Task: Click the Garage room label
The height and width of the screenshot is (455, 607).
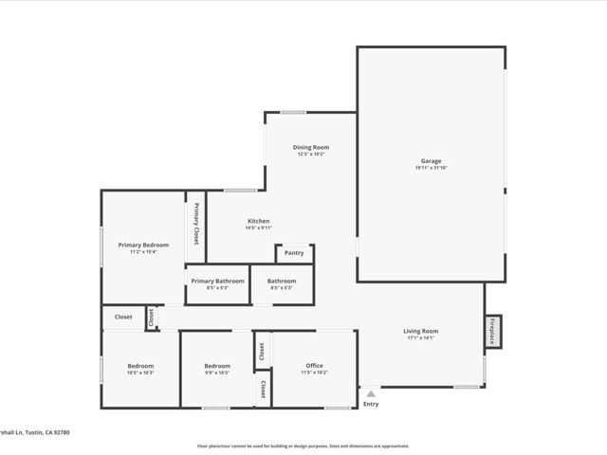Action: [x=432, y=161]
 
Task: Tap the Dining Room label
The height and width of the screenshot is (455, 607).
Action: [x=312, y=147]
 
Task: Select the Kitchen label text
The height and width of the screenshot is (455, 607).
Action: [x=259, y=221]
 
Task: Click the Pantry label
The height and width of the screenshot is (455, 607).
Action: [x=294, y=253]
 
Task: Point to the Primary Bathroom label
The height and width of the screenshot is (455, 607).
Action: [x=217, y=281]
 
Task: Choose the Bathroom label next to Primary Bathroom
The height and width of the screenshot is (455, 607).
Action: [x=282, y=281]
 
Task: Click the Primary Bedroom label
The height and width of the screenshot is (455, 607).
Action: [x=143, y=245]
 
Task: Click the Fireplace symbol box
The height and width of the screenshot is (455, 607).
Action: [x=493, y=331]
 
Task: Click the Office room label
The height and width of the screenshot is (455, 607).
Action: [x=314, y=366]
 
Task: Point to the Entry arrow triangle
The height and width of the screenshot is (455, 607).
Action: [x=371, y=392]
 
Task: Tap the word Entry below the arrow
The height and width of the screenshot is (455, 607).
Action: [x=371, y=405]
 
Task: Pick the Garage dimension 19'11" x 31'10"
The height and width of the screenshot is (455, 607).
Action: [x=432, y=168]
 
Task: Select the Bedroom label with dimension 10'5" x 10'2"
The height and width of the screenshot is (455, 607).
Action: [x=140, y=366]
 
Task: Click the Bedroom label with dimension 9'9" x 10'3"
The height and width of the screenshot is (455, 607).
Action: [x=217, y=366]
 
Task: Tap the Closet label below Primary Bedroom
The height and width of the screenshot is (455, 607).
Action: [x=123, y=317]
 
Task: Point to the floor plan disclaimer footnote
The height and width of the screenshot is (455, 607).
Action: [x=303, y=446]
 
